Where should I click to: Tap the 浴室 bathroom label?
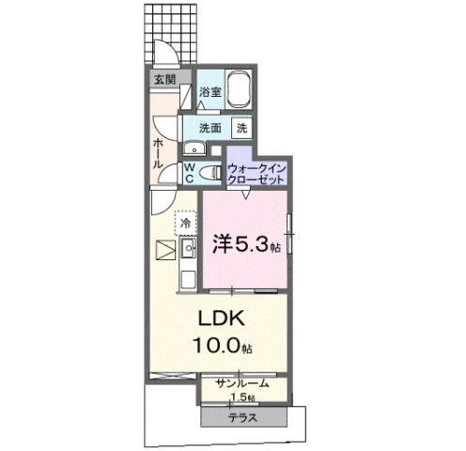click(210, 92)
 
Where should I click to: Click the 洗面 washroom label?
click(210, 126)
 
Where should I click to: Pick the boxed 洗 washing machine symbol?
click(241, 127)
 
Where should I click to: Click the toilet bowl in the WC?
click(210, 172)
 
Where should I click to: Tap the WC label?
click(188, 172)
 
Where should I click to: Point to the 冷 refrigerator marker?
click(186, 225)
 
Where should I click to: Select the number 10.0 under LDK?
click(214, 346)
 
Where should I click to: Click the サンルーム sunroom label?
click(242, 383)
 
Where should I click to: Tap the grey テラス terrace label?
click(241, 416)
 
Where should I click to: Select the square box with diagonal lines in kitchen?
click(164, 250)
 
